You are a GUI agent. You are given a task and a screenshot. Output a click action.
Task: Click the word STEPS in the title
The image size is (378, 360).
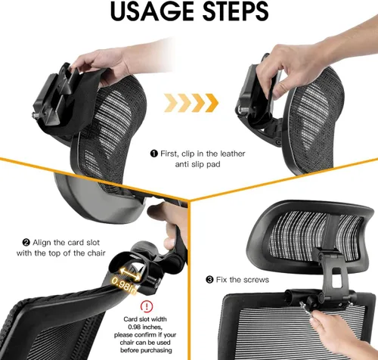[236, 11]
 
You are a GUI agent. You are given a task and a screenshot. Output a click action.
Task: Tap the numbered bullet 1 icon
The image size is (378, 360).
[153, 154]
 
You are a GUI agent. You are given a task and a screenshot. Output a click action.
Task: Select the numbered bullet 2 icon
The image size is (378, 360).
[26, 243]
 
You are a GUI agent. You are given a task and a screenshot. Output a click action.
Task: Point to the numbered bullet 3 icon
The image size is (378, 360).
[209, 280]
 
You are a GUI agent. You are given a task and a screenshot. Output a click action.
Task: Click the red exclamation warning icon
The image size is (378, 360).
[147, 306]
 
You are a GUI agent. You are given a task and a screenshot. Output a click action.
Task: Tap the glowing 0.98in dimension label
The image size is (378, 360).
[124, 286]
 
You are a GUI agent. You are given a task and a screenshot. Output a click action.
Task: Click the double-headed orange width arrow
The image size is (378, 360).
[130, 275]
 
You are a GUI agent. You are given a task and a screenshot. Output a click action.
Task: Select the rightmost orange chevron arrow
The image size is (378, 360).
[212, 103]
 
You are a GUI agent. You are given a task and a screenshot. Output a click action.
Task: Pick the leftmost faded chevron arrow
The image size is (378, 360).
[171, 103]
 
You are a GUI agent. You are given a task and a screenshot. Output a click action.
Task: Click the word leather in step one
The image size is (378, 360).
[232, 154]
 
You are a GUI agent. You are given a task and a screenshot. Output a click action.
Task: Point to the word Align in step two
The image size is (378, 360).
[42, 243]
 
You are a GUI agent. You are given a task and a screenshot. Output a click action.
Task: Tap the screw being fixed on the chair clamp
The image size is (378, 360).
[305, 308]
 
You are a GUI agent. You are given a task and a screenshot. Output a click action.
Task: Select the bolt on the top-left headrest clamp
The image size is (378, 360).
[35, 115]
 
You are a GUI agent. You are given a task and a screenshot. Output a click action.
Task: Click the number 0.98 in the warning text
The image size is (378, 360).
[134, 327]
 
